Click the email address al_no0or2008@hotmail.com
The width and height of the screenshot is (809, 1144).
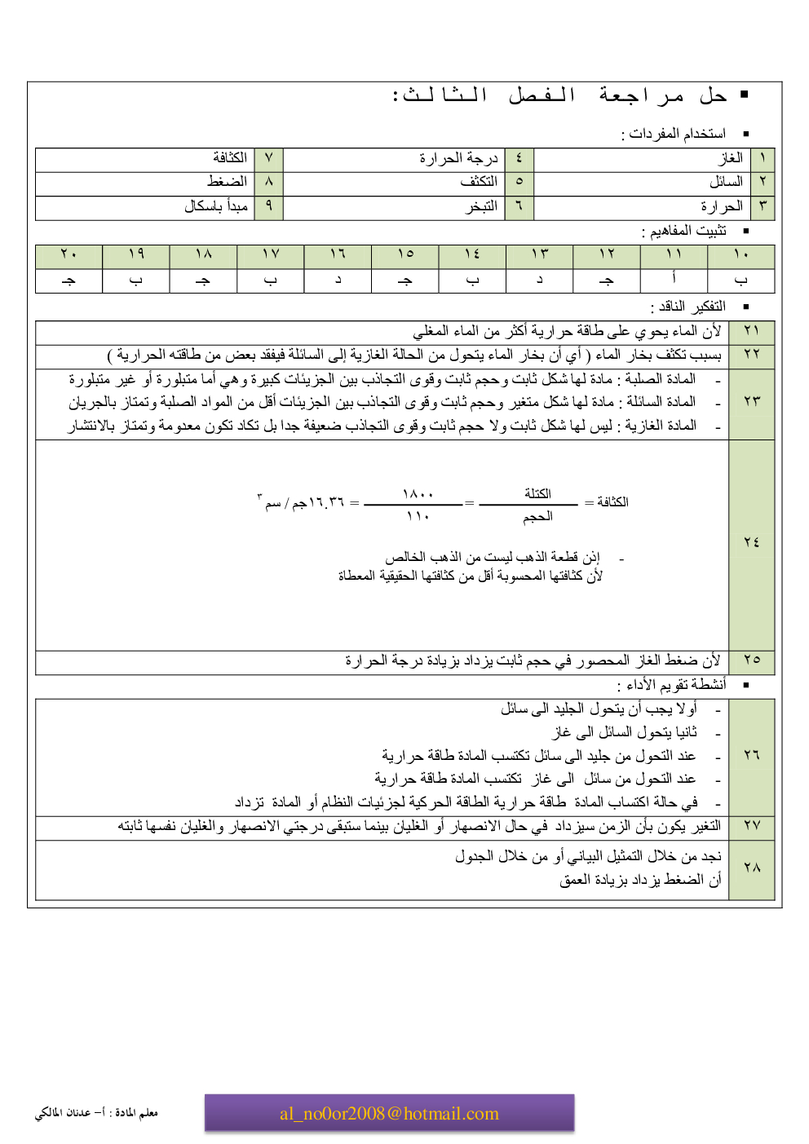389,1114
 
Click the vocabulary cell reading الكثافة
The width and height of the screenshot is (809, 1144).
230,157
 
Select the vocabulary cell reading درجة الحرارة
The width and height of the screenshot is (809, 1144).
458,157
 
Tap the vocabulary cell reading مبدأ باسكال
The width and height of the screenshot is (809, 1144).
216,205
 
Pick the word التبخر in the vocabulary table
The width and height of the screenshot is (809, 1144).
481,205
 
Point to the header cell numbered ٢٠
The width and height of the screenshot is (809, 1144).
69,254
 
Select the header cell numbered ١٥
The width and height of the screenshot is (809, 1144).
405,254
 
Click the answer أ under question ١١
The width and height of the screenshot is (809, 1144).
674,279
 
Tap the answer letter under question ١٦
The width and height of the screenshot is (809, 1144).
338,280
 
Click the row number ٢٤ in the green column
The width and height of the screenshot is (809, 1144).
751,542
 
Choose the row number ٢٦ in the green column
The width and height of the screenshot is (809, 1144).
751,755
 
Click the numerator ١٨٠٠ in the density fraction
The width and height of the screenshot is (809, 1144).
418,494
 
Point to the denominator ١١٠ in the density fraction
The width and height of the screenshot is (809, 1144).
418,516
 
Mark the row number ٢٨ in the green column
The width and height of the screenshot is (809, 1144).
751,868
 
